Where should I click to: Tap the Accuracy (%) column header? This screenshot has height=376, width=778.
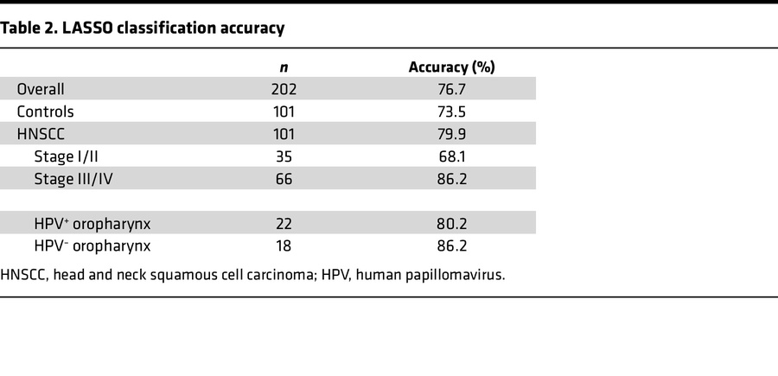(451, 67)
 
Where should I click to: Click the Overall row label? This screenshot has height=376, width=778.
(41, 89)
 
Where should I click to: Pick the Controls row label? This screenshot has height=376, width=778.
(46, 112)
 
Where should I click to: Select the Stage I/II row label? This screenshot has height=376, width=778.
(67, 156)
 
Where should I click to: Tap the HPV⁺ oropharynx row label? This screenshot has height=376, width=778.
(92, 223)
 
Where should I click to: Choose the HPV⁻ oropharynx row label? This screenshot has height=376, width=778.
(92, 245)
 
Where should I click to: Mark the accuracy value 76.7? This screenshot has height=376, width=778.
(451, 89)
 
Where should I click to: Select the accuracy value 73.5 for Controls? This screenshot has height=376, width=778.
(451, 112)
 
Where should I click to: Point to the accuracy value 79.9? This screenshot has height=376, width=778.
(451, 134)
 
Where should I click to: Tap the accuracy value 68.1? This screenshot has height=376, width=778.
(451, 156)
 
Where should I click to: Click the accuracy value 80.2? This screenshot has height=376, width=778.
(451, 223)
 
